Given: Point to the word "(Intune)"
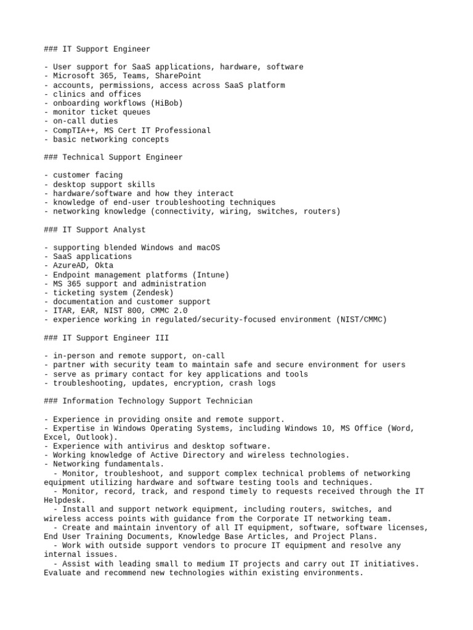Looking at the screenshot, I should (x=211, y=275).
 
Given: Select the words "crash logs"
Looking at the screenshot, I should (x=253, y=383).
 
